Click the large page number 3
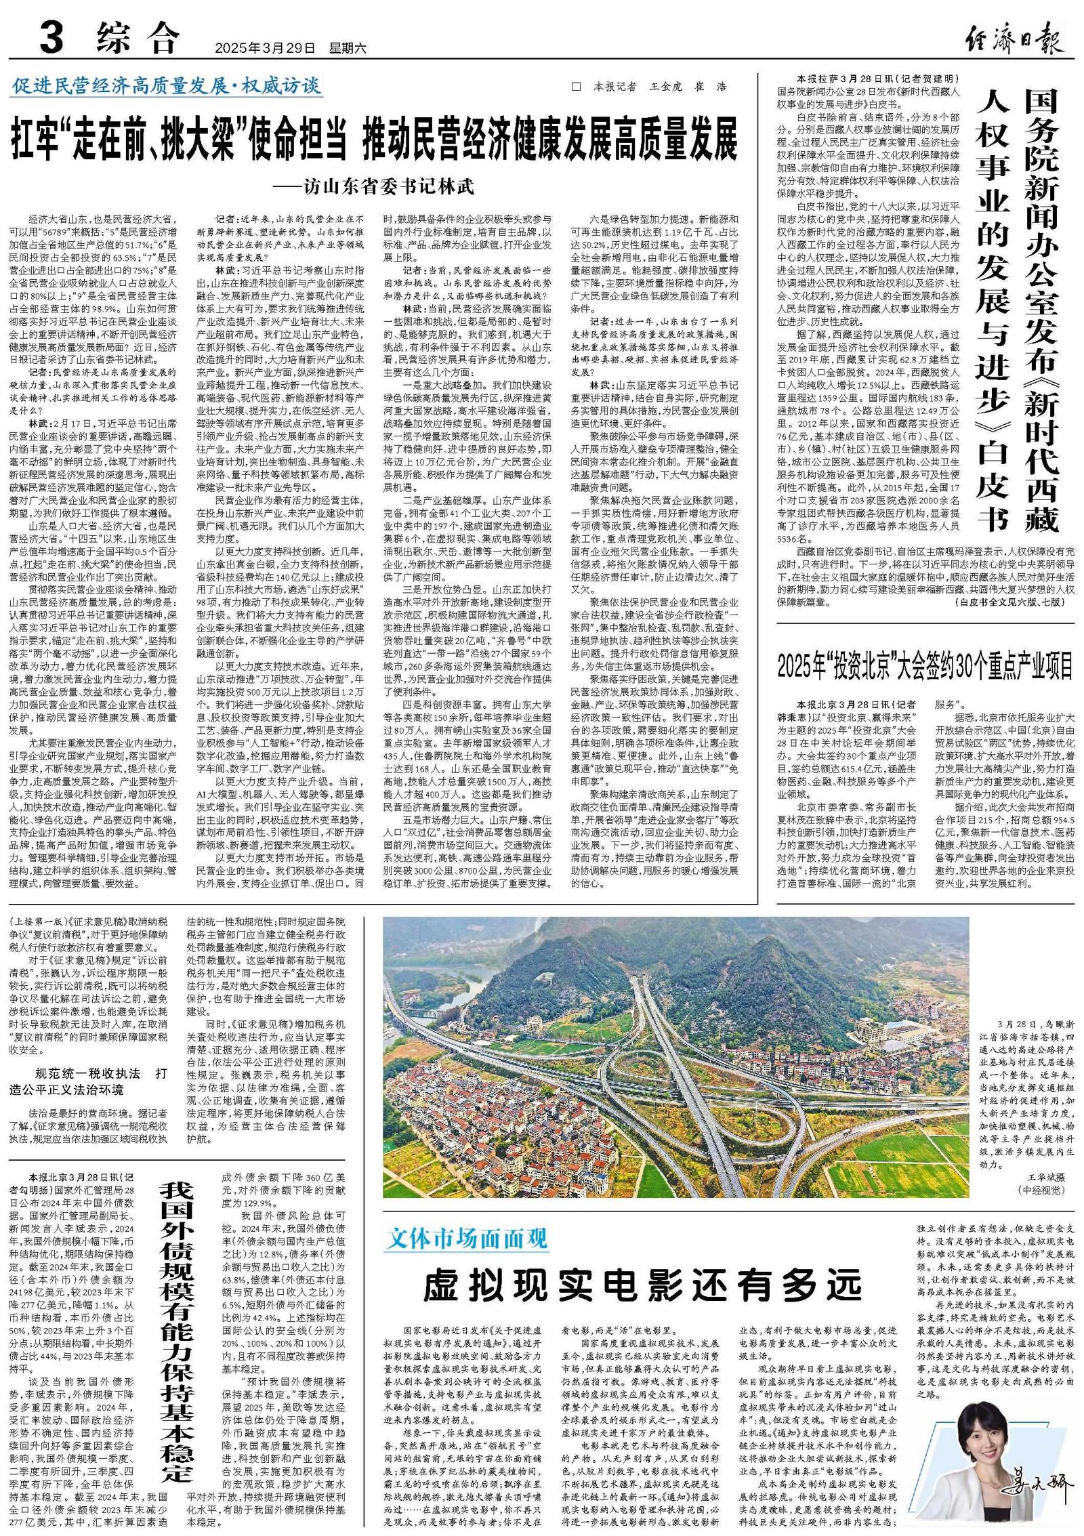click(52, 38)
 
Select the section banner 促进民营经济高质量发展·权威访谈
click(166, 87)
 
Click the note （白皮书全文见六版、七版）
click(1013, 602)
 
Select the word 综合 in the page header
click(140, 38)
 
